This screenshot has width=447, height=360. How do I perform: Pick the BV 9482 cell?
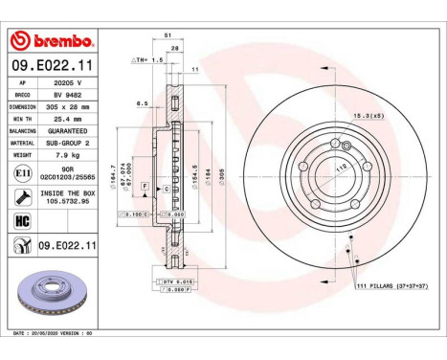69,97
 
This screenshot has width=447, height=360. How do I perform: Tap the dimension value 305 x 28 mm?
69,107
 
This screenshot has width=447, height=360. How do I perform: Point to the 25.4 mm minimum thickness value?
69,119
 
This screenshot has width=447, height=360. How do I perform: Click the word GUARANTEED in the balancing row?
69,130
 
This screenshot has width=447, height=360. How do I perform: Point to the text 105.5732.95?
69,202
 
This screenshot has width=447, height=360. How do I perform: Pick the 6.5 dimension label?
142,103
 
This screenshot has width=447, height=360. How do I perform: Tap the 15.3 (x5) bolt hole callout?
369,116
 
